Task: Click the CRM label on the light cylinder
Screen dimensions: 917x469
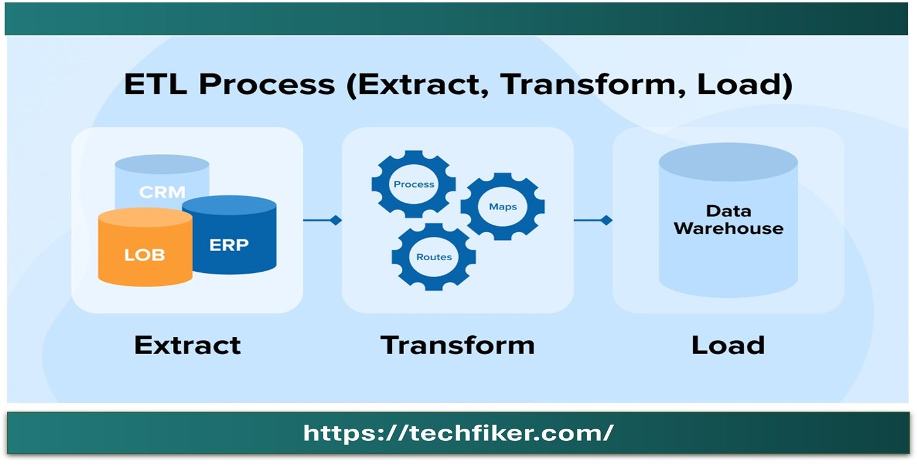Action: click(162, 192)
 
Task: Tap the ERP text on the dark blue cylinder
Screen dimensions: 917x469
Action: click(229, 245)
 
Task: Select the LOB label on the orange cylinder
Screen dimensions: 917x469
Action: click(144, 255)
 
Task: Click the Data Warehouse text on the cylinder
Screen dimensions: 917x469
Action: click(729, 220)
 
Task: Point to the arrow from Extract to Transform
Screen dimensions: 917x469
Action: click(322, 220)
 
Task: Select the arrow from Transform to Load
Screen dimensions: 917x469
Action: click(593, 220)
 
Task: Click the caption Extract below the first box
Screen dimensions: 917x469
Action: click(188, 346)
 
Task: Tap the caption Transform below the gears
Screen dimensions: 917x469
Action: click(458, 346)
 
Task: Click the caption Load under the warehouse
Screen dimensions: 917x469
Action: click(728, 346)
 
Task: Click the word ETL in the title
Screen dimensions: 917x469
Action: click(155, 84)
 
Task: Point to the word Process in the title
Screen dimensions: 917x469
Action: click(267, 85)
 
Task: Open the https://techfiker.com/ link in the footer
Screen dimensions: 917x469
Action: click(458, 432)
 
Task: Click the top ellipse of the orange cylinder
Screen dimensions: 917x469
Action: click(145, 217)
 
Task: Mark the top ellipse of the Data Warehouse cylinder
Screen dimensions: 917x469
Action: click(728, 162)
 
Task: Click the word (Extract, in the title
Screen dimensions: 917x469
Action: click(418, 85)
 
